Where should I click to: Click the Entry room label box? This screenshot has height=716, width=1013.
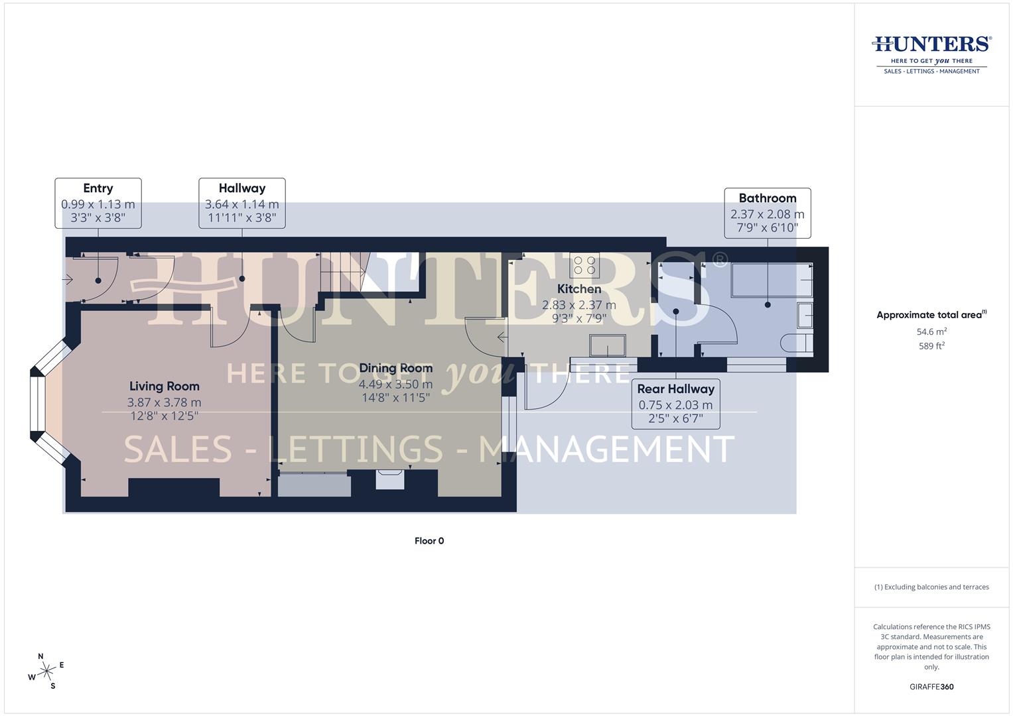tap(98, 203)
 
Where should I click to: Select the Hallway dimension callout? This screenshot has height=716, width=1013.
tap(242, 203)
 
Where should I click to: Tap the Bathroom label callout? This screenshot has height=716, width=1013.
tap(767, 213)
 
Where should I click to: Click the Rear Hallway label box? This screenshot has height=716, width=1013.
tap(675, 403)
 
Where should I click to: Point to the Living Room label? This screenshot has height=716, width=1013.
tap(164, 387)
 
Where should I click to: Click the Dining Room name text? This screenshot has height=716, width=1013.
tap(395, 368)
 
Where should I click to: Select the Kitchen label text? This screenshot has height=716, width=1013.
tap(579, 289)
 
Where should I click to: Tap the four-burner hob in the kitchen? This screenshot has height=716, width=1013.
tap(585, 266)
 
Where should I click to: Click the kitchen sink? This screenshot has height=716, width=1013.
tap(608, 345)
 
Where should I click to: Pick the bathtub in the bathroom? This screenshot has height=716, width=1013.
tap(772, 280)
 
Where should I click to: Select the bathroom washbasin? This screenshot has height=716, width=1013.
tap(804, 315)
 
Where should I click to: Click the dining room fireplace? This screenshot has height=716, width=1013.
tap(389, 479)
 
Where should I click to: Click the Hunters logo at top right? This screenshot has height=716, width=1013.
tap(931, 54)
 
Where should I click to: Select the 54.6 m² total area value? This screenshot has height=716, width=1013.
tap(931, 331)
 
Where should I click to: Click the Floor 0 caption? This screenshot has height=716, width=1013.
tap(429, 541)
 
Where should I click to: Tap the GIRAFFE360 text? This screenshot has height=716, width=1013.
tap(931, 687)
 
